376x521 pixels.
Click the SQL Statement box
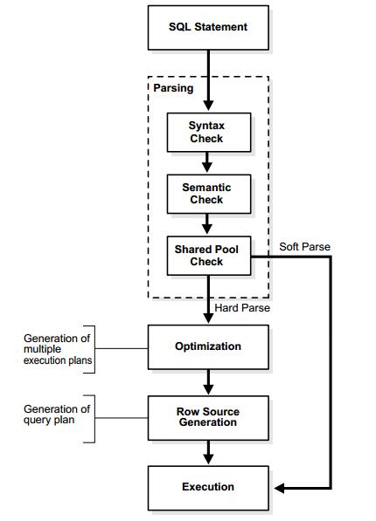[x=208, y=28]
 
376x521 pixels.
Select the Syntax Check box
[x=209, y=133]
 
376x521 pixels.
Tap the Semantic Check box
[x=209, y=194]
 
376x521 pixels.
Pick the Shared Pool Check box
[x=209, y=256]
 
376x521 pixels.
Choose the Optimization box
[x=208, y=347]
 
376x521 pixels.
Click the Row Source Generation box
[x=208, y=418]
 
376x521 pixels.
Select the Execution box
[x=208, y=488]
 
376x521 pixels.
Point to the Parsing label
[x=173, y=88]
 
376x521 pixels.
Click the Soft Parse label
[x=304, y=247]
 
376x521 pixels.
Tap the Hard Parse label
[x=242, y=308]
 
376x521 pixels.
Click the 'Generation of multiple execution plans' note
[x=58, y=349]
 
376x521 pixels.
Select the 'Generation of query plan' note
[x=57, y=415]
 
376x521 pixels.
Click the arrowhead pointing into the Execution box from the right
[x=279, y=488]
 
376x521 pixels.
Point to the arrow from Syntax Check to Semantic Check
[x=207, y=162]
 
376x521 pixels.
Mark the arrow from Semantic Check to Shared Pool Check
[x=207, y=224]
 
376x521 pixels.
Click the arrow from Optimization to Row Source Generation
[x=208, y=382]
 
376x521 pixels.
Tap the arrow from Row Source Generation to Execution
[x=208, y=453]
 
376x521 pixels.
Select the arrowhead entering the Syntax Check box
[x=208, y=106]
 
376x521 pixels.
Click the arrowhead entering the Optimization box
[x=208, y=318]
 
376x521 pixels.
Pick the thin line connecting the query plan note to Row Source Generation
[x=122, y=418]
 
